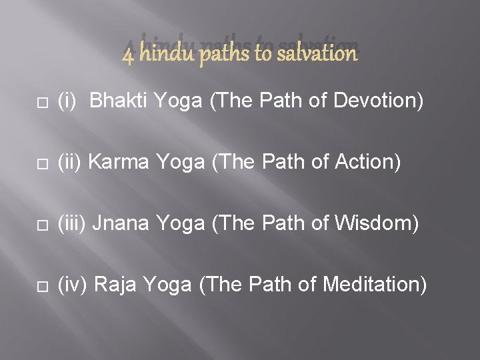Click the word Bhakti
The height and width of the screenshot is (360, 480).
point(118,101)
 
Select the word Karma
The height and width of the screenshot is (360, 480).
point(113,162)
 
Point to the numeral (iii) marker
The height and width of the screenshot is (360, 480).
point(72,224)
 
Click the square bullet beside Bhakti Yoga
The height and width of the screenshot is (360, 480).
point(41,102)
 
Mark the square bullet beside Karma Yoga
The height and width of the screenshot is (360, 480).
point(41,163)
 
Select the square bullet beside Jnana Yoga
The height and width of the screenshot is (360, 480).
point(41,225)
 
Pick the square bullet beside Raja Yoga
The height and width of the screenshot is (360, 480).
point(41,286)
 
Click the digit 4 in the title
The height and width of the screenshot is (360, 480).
point(128,54)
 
